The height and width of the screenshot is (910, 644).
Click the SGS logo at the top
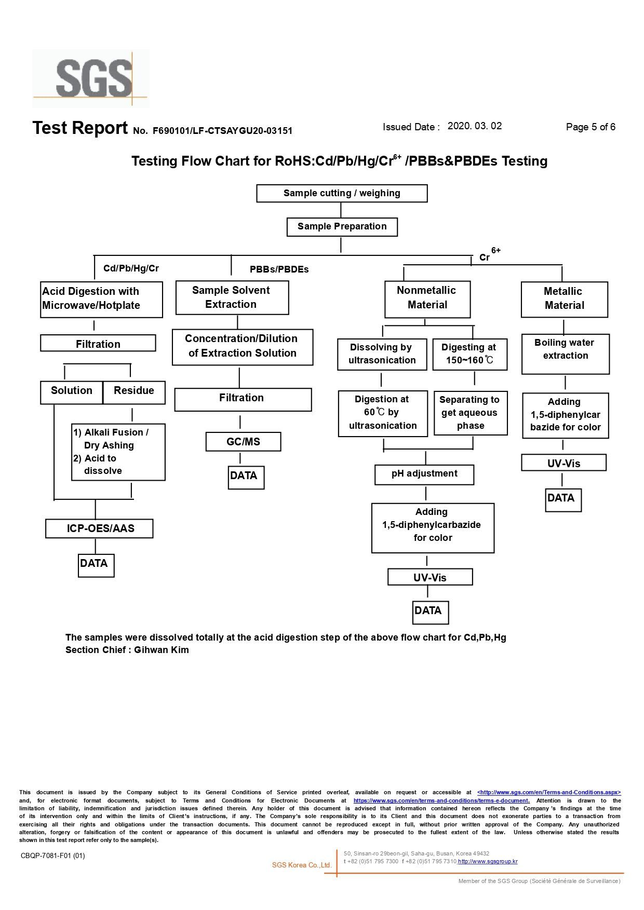tap(91, 78)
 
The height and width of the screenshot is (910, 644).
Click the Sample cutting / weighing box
tap(342, 193)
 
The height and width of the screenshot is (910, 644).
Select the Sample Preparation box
tap(342, 227)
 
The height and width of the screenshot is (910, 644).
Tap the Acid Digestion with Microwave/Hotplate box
tap(101, 300)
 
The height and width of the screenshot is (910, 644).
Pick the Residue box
tap(134, 392)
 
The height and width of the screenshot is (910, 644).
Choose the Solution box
tap(72, 392)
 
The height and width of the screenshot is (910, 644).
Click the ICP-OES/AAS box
tap(99, 528)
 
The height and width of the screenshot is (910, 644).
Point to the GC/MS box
tap(243, 442)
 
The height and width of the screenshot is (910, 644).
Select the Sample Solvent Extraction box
tap(232, 297)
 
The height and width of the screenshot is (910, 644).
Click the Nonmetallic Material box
tap(427, 299)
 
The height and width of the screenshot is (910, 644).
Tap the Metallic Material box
tap(565, 300)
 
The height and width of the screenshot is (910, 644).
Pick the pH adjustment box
tap(424, 474)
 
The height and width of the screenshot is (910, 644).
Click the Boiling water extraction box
tap(566, 354)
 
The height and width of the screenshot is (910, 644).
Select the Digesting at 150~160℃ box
tap(470, 355)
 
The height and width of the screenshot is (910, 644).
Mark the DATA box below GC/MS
tap(246, 478)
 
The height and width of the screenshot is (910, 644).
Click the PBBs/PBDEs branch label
tap(279, 269)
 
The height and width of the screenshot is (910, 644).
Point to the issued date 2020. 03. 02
tap(475, 126)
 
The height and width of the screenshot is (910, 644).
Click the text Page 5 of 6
tap(591, 127)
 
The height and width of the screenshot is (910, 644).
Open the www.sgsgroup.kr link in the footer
tap(488, 861)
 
